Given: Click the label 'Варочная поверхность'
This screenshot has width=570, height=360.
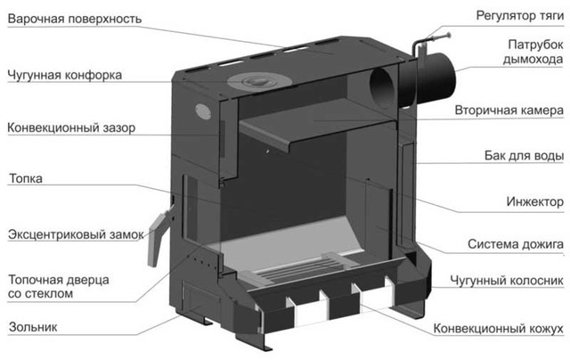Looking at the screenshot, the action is tap(75, 19).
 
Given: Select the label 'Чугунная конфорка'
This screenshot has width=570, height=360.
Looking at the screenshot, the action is tap(65, 75).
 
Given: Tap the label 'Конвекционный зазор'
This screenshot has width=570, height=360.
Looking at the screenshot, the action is tap(71, 127).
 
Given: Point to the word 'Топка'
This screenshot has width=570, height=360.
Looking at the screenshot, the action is tap(26, 178).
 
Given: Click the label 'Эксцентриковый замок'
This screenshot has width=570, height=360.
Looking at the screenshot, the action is tap(76, 234).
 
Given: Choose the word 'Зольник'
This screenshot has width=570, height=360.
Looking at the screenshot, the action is tap(33, 327).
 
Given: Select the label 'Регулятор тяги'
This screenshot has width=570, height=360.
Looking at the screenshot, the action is tap(519, 16).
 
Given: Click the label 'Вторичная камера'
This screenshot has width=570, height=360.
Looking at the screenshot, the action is tap(509, 110).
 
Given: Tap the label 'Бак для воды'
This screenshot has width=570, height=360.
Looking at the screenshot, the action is tap(524, 156).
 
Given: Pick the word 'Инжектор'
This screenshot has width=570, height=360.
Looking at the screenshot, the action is tap(534, 201).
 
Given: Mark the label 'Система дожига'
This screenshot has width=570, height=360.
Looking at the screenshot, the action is tap(515, 244).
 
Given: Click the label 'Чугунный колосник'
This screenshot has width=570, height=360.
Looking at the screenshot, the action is tap(507, 281).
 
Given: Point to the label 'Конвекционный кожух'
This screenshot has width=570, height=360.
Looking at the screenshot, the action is tap(498, 329).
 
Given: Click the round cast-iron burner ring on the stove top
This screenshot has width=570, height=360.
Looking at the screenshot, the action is tap(259, 81).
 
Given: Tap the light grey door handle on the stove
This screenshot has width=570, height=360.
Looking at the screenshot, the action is tap(157, 237).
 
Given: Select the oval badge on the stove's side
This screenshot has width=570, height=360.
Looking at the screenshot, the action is tap(202, 110).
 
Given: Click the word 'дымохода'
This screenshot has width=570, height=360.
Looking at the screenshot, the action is tap(533, 60).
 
